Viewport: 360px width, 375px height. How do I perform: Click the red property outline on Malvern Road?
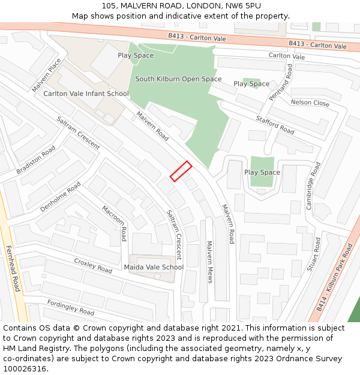(x=181, y=171)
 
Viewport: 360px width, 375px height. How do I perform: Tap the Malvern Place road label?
(x=46, y=76)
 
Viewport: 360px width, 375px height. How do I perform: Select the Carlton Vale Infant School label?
(x=86, y=94)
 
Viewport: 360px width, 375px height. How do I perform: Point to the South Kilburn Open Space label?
(x=178, y=79)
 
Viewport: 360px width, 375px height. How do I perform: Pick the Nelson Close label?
(x=310, y=103)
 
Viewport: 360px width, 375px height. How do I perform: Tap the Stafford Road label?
(x=275, y=125)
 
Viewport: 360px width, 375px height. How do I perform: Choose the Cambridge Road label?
(x=313, y=185)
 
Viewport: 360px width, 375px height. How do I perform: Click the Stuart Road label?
(x=313, y=254)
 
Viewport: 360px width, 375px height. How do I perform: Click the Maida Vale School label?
(x=154, y=267)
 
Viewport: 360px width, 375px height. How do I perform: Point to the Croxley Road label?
(x=93, y=265)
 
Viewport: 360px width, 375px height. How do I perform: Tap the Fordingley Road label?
(x=71, y=307)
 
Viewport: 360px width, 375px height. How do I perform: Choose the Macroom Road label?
(x=115, y=223)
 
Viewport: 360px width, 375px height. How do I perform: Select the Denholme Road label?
(x=60, y=197)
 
